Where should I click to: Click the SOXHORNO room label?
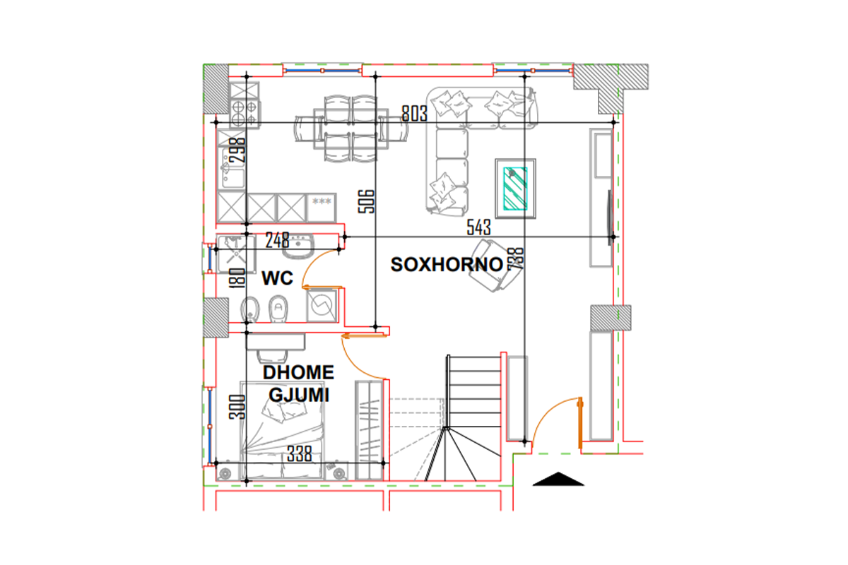tap(447, 265)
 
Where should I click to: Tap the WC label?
tap(277, 278)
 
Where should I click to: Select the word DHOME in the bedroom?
tap(298, 372)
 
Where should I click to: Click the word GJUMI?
tap(299, 395)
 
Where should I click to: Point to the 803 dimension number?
tap(414, 113)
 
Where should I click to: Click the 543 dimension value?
tap(478, 227)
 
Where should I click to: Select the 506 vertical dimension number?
tap(366, 201)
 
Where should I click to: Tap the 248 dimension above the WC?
tap(277, 240)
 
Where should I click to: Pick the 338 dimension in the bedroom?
tap(299, 453)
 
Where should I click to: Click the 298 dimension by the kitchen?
tap(237, 150)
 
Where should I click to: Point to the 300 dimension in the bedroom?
tap(237, 407)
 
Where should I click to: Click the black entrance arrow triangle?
tap(558, 479)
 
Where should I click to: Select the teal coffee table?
tap(515, 189)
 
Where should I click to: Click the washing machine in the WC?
tap(322, 305)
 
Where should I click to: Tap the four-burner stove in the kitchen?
tap(245, 114)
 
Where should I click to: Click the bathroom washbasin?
tap(298, 246)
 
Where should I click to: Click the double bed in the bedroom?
tap(282, 431)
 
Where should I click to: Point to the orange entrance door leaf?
tap(579, 423)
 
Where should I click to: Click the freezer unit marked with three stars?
tap(322, 208)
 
